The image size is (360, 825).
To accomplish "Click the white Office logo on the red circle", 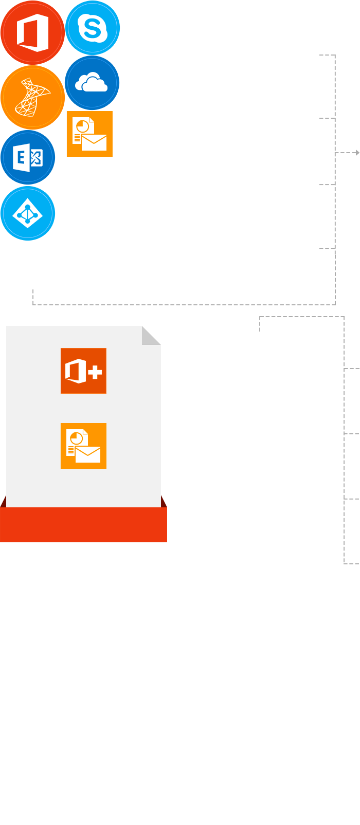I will pos(32,33).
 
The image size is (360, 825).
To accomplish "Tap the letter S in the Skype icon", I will pos(93,28).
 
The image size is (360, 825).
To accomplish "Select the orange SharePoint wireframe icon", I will pos(32,96).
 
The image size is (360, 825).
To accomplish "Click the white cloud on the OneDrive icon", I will pos(92,83).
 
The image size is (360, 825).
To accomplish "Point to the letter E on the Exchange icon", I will pos(22,157).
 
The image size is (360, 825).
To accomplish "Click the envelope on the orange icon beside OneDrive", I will pos(94,142).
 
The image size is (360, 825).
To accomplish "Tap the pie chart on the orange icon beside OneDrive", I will pos(82,126).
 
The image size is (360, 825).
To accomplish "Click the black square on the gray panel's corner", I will pos(152,335).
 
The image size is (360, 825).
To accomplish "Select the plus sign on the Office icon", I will pos(95,371).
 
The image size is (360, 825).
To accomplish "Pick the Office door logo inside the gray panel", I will pos(75,371).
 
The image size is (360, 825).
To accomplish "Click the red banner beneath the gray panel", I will pos(83,525).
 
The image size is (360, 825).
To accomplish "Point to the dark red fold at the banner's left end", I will pos(4,502).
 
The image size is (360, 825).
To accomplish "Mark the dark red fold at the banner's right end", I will pos(164,502).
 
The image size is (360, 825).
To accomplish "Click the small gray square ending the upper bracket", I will pos(357,153).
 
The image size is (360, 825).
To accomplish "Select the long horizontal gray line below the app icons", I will pos(180,305).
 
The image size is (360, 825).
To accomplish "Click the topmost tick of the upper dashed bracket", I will pos(325,54).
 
